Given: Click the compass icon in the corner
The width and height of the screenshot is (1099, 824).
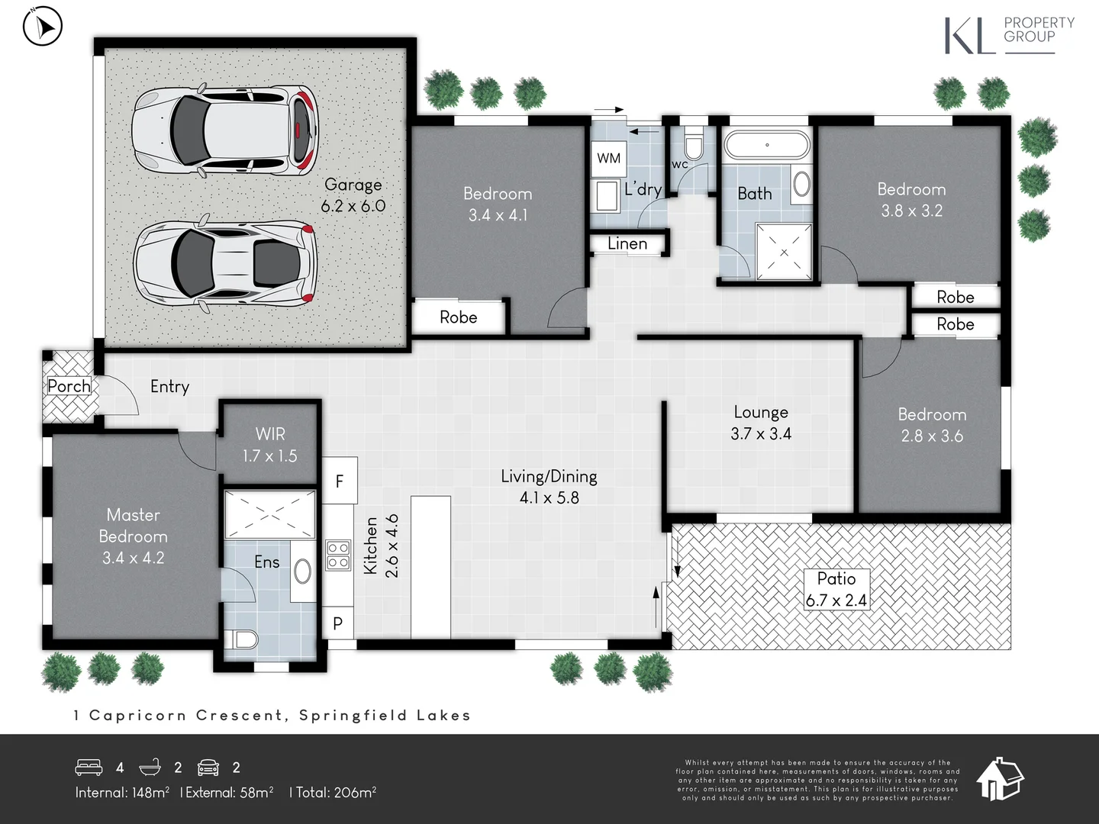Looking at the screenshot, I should pyautogui.click(x=42, y=27).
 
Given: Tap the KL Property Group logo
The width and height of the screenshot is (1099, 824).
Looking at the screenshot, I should pyautogui.click(x=1009, y=36).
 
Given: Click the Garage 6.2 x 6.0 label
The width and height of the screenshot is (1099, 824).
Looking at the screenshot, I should pyautogui.click(x=353, y=195).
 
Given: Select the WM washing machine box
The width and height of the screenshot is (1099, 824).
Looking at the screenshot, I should pyautogui.click(x=608, y=158).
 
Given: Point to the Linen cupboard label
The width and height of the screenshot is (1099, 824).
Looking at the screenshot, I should pyautogui.click(x=627, y=244).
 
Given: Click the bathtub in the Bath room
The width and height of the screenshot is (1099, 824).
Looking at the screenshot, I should pyautogui.click(x=766, y=145).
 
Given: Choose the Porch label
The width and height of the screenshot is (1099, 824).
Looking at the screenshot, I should pyautogui.click(x=69, y=386).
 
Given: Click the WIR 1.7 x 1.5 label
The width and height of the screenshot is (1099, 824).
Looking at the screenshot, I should pyautogui.click(x=270, y=445).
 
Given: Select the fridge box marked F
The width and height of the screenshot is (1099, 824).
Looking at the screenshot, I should pyautogui.click(x=340, y=481).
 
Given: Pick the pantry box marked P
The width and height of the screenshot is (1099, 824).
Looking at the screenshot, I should pyautogui.click(x=338, y=624).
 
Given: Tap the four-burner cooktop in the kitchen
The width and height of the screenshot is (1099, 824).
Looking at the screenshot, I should pyautogui.click(x=338, y=555).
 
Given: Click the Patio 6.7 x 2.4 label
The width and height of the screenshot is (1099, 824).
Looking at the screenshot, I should pyautogui.click(x=836, y=590).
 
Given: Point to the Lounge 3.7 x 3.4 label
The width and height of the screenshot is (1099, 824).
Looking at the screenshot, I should pyautogui.click(x=761, y=423).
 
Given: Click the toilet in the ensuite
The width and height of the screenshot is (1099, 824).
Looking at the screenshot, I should pyautogui.click(x=243, y=639).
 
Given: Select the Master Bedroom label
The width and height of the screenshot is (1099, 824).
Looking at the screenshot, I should pyautogui.click(x=134, y=536).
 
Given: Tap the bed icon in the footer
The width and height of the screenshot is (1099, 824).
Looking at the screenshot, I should pyautogui.click(x=89, y=767).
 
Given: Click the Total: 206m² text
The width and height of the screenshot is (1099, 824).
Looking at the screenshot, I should pyautogui.click(x=334, y=793).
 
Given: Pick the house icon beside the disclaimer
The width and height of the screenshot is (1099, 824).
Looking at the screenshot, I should pyautogui.click(x=1000, y=778).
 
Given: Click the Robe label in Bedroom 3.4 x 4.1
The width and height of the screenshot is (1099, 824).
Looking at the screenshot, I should pyautogui.click(x=458, y=317).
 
